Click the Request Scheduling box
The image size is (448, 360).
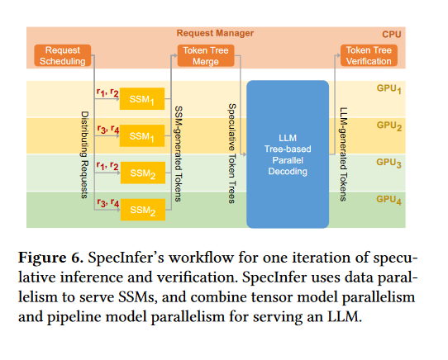click(x=63, y=55)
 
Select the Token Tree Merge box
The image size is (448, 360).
click(x=206, y=55)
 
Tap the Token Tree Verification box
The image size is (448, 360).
click(x=369, y=55)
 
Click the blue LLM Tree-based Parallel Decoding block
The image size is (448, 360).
click(x=288, y=154)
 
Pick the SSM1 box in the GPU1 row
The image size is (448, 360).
click(x=142, y=99)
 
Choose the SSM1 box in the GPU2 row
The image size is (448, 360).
click(x=142, y=135)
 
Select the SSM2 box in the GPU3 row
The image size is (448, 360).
click(x=143, y=173)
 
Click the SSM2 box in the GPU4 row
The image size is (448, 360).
click(x=143, y=210)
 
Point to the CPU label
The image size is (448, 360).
click(x=392, y=35)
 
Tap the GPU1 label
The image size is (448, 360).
click(x=388, y=89)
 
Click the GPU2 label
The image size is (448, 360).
click(x=389, y=126)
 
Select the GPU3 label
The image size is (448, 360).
click(x=388, y=163)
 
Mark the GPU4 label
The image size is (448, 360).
click(x=388, y=200)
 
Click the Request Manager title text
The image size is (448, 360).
click(x=215, y=33)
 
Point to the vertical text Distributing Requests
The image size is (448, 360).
click(x=84, y=155)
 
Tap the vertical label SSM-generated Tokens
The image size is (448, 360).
click(x=179, y=154)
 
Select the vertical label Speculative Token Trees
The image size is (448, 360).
click(x=231, y=154)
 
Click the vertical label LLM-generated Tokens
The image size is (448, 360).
click(x=343, y=154)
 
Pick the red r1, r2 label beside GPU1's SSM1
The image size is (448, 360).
click(x=107, y=92)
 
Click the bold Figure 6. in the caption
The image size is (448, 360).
click(x=51, y=258)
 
